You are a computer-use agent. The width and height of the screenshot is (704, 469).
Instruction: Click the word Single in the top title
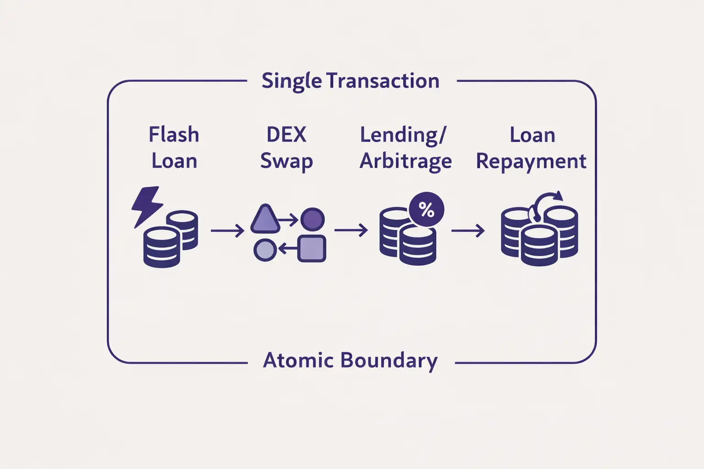point(291,81)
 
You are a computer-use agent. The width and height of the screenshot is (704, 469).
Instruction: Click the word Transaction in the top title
point(383,81)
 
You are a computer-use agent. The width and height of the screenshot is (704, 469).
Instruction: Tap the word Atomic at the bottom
point(298,360)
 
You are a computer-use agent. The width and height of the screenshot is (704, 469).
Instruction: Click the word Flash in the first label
point(174,135)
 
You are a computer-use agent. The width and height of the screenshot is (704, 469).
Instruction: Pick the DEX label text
point(286,135)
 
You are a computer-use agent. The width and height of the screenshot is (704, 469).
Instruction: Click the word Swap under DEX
point(286,161)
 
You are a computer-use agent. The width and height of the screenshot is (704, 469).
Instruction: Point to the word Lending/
point(403,135)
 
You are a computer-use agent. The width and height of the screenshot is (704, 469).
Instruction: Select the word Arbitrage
point(406,161)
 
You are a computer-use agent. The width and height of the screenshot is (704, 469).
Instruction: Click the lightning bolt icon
point(146,206)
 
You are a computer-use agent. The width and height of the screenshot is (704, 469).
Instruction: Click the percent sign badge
point(426,210)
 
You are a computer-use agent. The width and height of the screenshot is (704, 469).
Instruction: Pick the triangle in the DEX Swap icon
point(265,219)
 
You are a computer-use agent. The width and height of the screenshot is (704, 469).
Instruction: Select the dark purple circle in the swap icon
point(313,219)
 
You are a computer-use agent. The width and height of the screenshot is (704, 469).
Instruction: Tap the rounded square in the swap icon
point(312,249)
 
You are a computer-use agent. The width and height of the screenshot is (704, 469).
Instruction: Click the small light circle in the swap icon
point(265,250)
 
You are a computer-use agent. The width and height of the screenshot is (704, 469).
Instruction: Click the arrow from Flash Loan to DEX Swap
point(227,230)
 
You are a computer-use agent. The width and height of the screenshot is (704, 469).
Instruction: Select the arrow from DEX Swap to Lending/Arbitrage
point(351,230)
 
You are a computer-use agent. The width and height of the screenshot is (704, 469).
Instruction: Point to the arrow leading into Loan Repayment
point(468,230)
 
